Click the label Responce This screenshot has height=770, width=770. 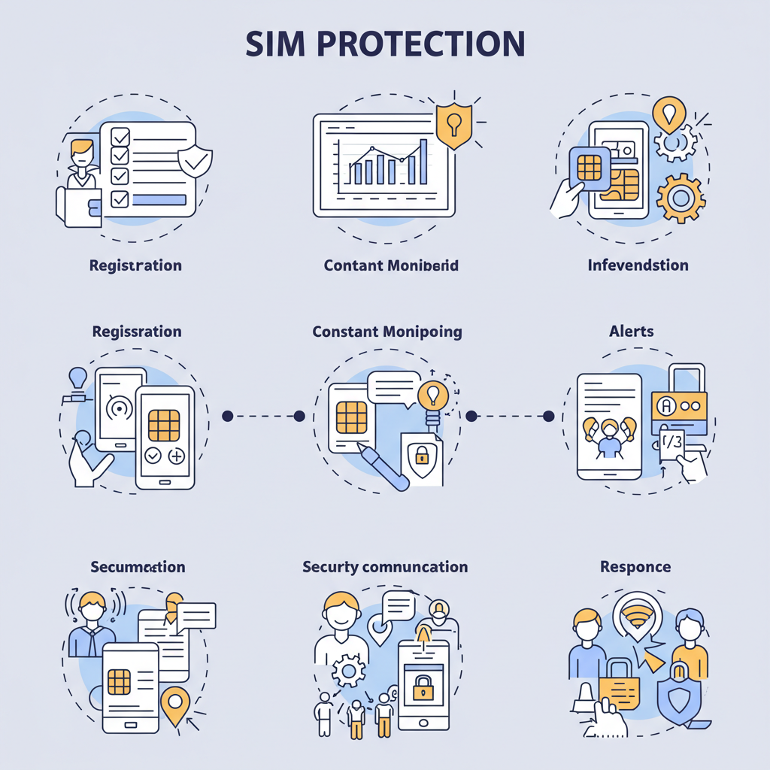[x=635, y=566]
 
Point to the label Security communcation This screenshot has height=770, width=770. [x=385, y=566]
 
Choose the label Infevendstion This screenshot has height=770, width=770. [x=638, y=265]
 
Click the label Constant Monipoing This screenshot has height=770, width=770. [x=387, y=331]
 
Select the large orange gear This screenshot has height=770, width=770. [x=681, y=197]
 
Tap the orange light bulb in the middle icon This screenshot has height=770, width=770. [x=432, y=395]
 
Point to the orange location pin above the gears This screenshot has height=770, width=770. [x=669, y=113]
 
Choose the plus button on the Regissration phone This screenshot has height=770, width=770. [x=177, y=456]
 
